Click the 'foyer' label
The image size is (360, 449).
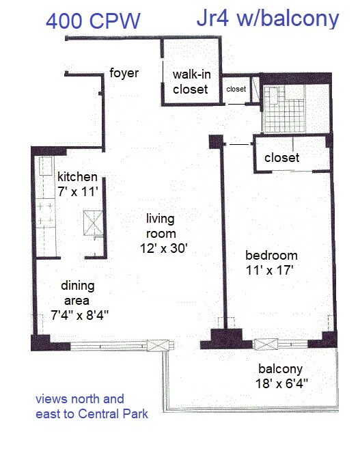click(x=124, y=72)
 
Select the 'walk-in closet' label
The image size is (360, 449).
click(x=191, y=82)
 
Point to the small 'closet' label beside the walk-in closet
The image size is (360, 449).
click(x=236, y=88)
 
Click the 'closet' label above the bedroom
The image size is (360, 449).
click(x=282, y=158)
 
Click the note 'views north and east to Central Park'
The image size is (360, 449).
click(x=91, y=406)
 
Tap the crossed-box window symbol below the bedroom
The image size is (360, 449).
click(x=264, y=345)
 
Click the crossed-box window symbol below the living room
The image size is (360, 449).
click(x=161, y=346)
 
